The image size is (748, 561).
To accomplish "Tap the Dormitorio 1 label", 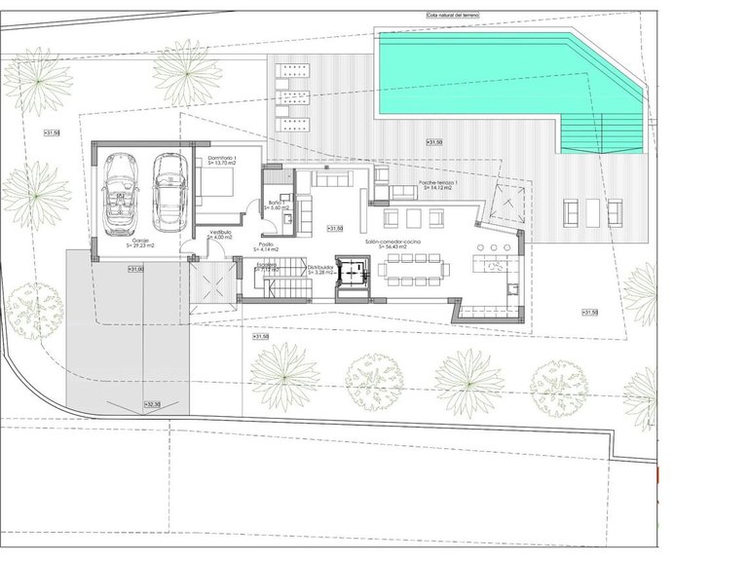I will (x=222, y=157).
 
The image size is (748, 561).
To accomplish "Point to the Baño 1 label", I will (x=277, y=203).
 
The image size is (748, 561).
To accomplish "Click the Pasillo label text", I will (x=266, y=244).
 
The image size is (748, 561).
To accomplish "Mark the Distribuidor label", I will (x=320, y=264).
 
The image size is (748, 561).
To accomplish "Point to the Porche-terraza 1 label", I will (x=439, y=183).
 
